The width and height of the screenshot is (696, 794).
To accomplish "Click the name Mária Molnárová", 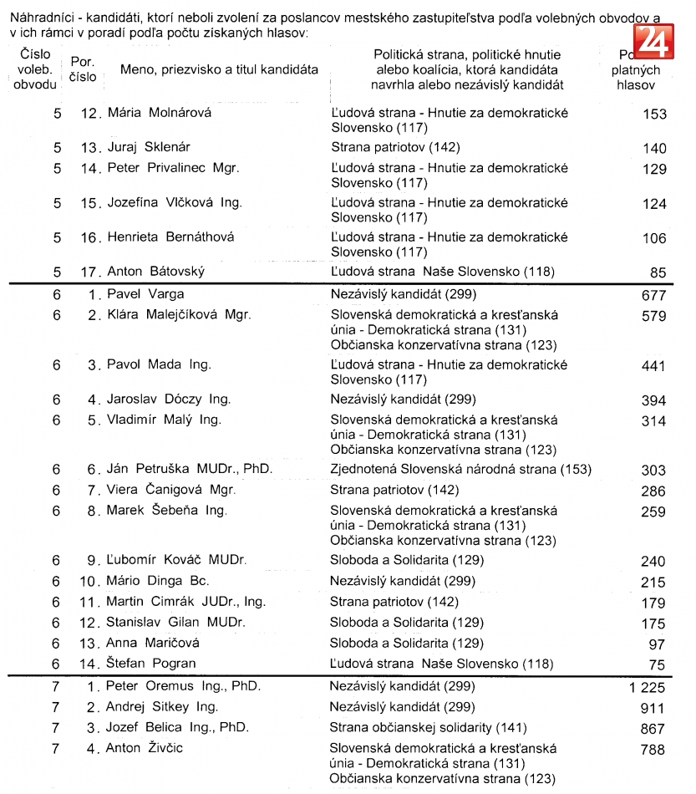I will pos(160,112).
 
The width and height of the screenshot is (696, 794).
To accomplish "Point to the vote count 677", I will pos(653,295).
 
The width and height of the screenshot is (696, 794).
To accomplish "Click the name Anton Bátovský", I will pos(155,272).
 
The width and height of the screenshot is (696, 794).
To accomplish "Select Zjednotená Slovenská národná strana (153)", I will pos(460,470).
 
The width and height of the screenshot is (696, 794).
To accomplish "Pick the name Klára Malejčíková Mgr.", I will pos(179,315).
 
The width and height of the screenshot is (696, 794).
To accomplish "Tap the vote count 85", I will pos(658,272).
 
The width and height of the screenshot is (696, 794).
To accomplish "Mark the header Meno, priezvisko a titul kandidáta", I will pos(219,69).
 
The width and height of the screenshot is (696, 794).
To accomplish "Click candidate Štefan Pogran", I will pos(150,664).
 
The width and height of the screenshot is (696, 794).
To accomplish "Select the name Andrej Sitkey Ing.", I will pos(161,707).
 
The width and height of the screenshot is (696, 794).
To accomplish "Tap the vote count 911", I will pos(653,708).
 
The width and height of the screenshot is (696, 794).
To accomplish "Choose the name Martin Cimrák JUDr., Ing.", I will pos(185,602).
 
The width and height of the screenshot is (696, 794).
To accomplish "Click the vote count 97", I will pos(658,644).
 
